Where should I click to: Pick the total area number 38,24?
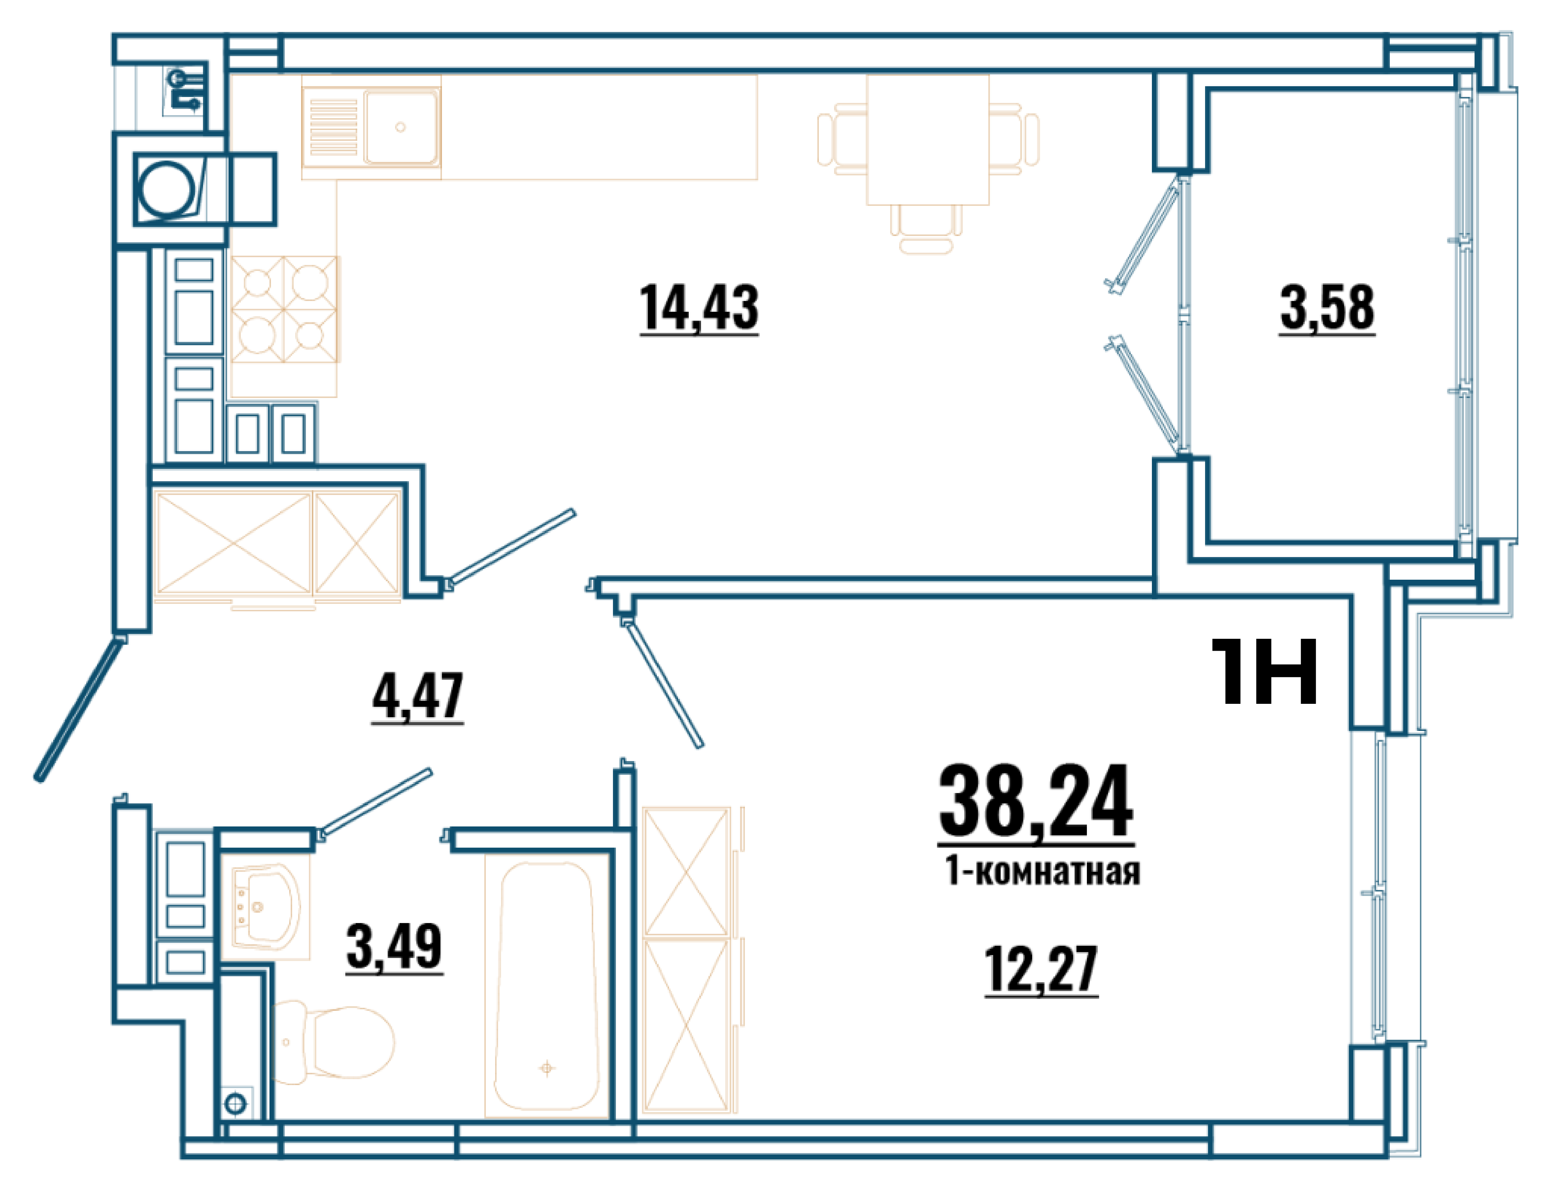click(x=1036, y=803)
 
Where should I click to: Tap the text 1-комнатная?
click(x=1042, y=872)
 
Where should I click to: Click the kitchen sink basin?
click(x=401, y=127)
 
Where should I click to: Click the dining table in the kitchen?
click(x=927, y=140)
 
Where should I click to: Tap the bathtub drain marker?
click(x=547, y=1068)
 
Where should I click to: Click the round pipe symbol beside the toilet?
click(x=235, y=1104)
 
